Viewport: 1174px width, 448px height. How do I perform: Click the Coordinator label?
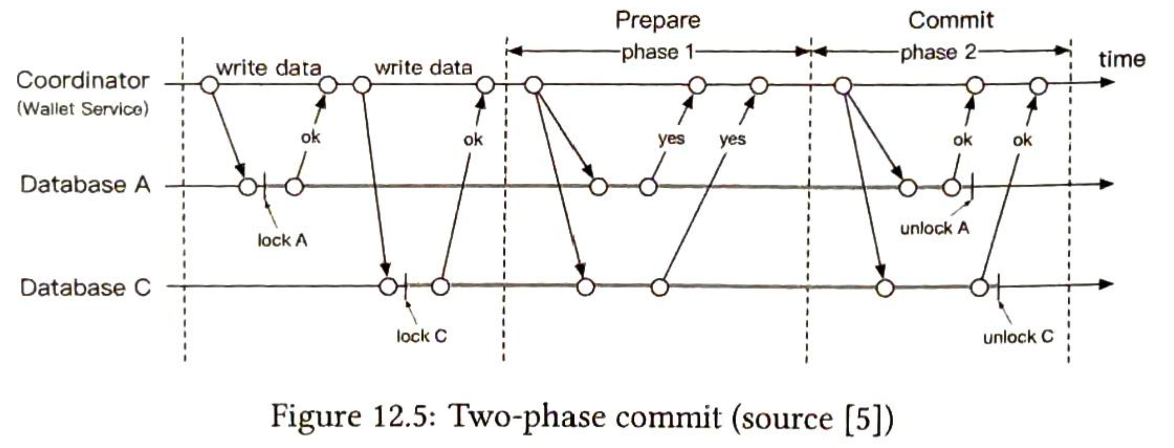point(83,81)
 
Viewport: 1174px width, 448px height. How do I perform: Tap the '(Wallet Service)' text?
point(83,109)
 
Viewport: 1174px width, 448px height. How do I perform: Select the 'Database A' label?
point(85,185)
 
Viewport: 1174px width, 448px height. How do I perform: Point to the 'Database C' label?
point(85,288)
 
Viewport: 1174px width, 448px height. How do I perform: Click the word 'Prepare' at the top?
point(658,21)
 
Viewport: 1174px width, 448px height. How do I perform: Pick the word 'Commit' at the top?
point(951,21)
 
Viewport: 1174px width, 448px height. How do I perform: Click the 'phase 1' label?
point(658,52)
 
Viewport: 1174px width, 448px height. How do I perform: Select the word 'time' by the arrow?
point(1122,59)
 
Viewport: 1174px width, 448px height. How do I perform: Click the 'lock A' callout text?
point(283,240)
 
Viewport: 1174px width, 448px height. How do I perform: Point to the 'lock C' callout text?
point(421,336)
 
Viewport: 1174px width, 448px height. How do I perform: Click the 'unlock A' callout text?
point(935,228)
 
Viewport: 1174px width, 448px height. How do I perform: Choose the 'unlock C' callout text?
point(1018,337)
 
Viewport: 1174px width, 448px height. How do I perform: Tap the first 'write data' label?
point(269,69)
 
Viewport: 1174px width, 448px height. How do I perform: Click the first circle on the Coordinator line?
point(209,85)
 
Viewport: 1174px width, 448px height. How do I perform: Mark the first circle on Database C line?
point(388,287)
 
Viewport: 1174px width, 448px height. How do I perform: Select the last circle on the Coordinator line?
point(1039,86)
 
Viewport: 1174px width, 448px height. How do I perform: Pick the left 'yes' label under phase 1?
point(671,138)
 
